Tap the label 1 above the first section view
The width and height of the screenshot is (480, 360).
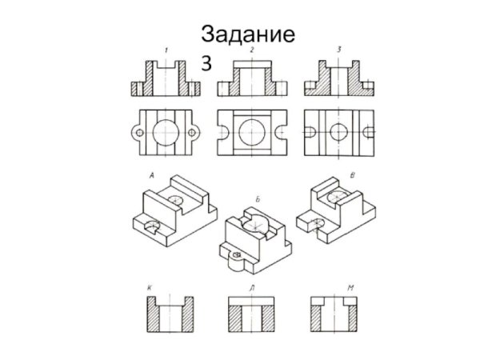[166, 50]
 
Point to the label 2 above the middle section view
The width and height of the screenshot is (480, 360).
[252, 50]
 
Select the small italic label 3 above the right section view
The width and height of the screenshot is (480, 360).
[338, 50]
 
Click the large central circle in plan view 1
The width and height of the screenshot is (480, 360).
[166, 130]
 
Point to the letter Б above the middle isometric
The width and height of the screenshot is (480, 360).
[258, 198]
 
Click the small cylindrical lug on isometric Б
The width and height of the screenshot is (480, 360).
[238, 255]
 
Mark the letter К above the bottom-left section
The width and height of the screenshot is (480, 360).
[149, 285]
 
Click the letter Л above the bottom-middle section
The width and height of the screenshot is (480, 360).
[251, 285]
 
